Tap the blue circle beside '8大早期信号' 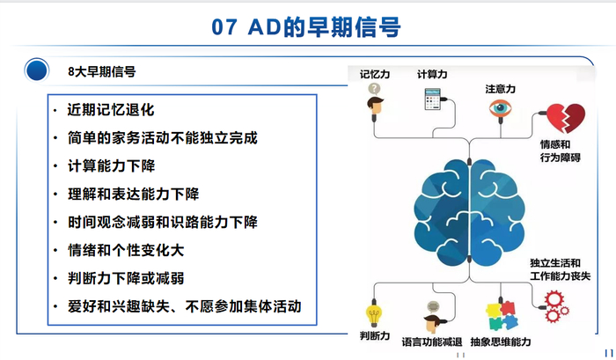pos(36,69)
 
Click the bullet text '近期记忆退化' pos(110,111)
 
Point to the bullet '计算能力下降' pos(110,165)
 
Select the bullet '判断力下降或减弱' pos(125,278)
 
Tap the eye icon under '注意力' pos(500,110)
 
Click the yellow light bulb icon pos(375,314)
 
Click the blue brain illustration pos(475,210)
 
